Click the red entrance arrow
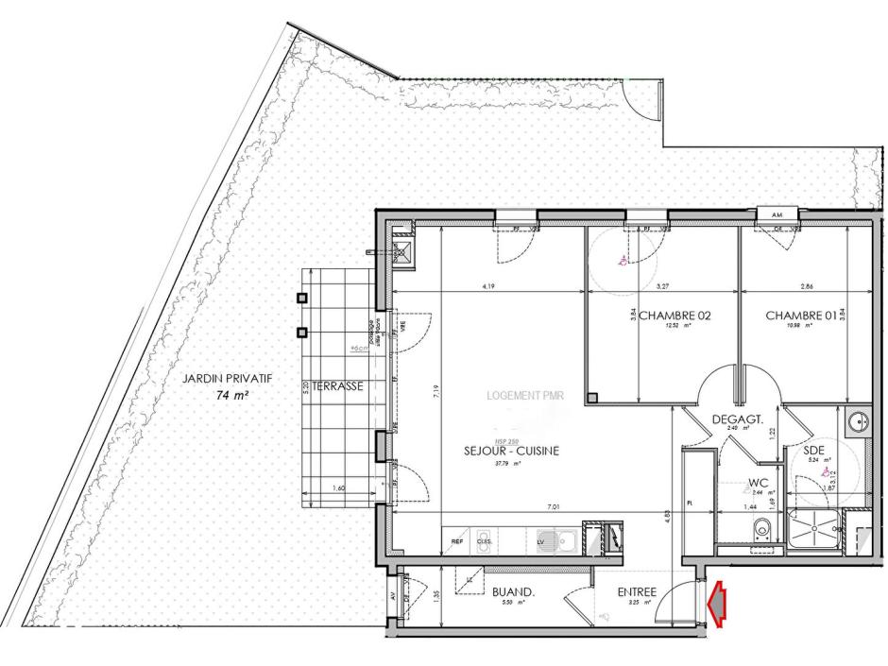tap(717, 604)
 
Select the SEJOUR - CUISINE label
tap(511, 452)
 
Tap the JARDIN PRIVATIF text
tap(227, 378)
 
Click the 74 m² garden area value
tap(231, 396)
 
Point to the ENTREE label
tap(637, 592)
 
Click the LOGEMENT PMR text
tap(524, 397)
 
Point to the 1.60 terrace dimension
tap(338, 488)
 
